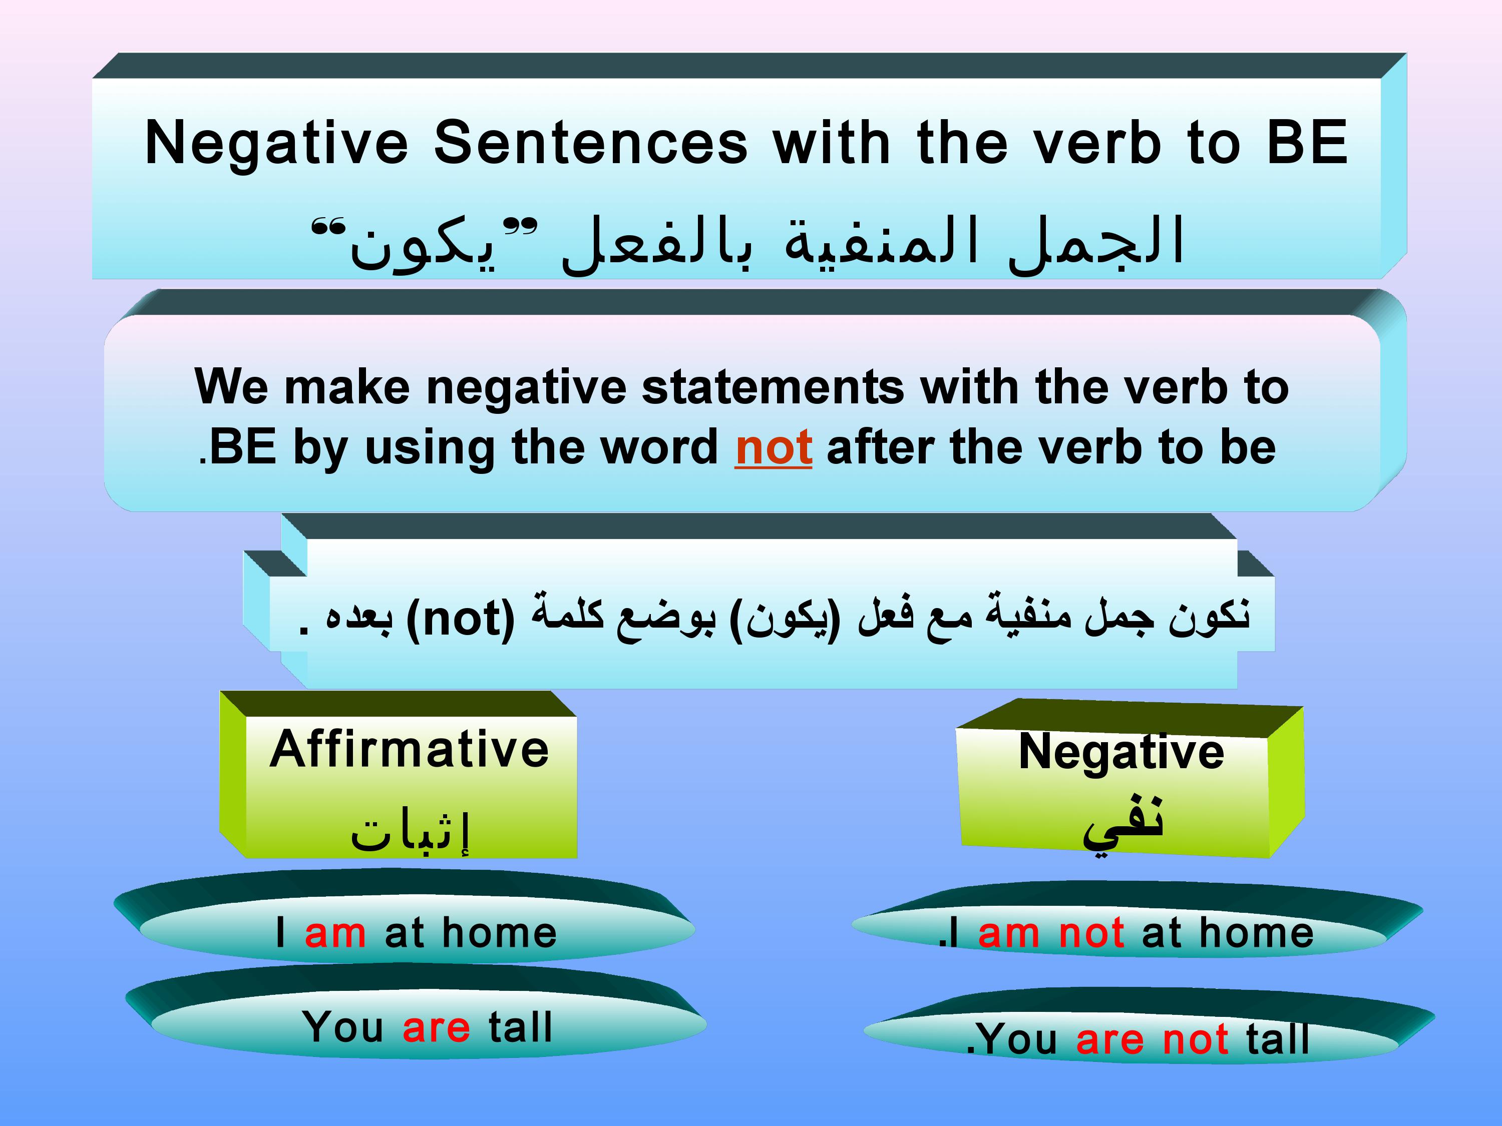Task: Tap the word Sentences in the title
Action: click(591, 143)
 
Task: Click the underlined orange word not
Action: click(774, 447)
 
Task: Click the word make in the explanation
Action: click(347, 387)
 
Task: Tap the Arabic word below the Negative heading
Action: click(1124, 823)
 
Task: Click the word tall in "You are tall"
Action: click(520, 1026)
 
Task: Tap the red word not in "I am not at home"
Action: click(1091, 932)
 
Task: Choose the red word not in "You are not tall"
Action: click(1195, 1039)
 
